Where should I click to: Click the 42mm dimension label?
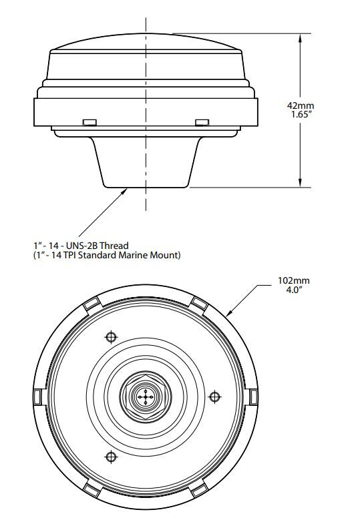click(x=301, y=105)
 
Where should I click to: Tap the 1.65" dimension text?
click(x=301, y=115)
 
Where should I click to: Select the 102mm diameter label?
click(x=294, y=280)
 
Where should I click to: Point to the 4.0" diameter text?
click(x=293, y=290)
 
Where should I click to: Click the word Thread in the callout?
click(x=114, y=246)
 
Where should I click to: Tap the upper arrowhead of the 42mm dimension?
click(x=300, y=37)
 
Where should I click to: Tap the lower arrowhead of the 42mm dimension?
click(x=300, y=183)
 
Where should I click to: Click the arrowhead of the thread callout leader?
click(x=124, y=191)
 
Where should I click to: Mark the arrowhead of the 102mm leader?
click(x=228, y=313)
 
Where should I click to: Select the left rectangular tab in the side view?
click(x=89, y=122)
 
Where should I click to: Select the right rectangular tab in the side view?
click(x=202, y=122)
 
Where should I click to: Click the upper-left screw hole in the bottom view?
click(x=112, y=336)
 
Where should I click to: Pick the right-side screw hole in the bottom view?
click(x=214, y=397)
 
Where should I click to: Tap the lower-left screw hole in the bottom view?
click(x=112, y=457)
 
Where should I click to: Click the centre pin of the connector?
click(x=146, y=397)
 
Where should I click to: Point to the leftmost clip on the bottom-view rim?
click(x=38, y=397)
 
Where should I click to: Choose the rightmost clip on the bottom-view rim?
click(x=254, y=397)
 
